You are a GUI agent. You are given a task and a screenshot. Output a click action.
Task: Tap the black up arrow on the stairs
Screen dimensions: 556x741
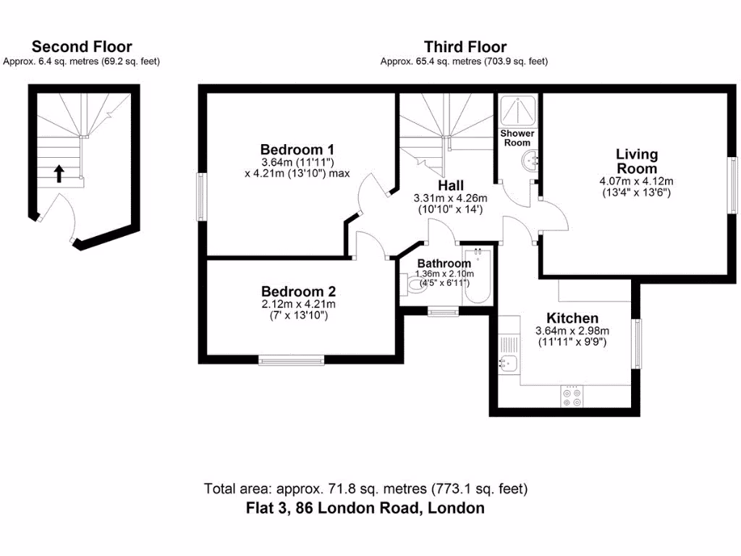59,173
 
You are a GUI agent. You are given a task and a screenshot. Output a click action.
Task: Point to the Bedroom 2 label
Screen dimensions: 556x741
299,291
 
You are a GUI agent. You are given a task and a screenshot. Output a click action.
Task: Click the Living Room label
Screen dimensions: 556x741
637,161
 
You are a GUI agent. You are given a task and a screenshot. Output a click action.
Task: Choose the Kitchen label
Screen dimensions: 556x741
572,318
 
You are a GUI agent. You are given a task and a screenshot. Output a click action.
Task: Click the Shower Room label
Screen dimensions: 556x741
517,138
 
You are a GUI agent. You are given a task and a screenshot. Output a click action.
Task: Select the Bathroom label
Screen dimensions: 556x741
444,264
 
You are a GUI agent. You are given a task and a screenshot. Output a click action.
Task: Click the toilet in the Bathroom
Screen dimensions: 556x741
413,287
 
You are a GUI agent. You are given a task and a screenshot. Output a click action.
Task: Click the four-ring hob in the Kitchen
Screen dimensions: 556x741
572,395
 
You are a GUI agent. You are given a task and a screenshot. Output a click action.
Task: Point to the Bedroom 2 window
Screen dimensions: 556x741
292,358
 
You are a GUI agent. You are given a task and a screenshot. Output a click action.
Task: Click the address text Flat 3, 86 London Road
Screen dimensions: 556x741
364,508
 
